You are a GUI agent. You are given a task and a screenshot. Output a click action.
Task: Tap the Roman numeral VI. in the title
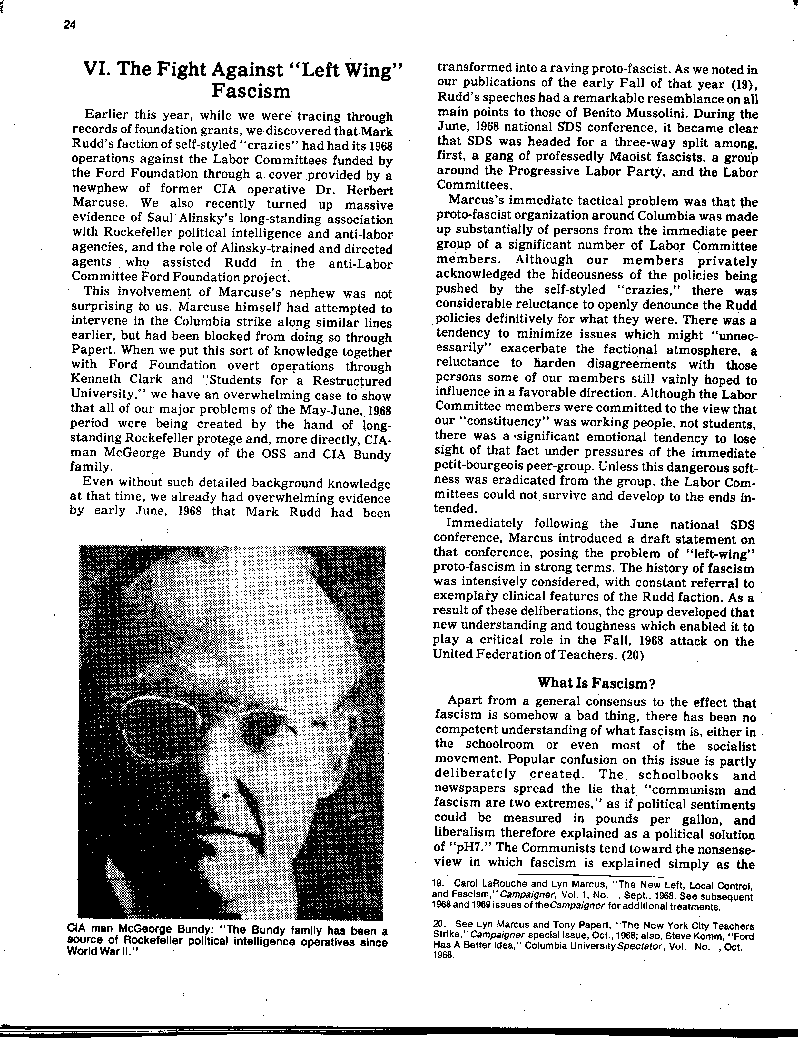[x=97, y=70]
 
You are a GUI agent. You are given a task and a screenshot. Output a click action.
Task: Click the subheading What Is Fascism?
[x=596, y=682]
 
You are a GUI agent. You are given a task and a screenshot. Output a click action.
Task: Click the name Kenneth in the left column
[x=99, y=380]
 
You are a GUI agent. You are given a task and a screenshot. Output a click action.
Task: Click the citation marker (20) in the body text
[x=632, y=655]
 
